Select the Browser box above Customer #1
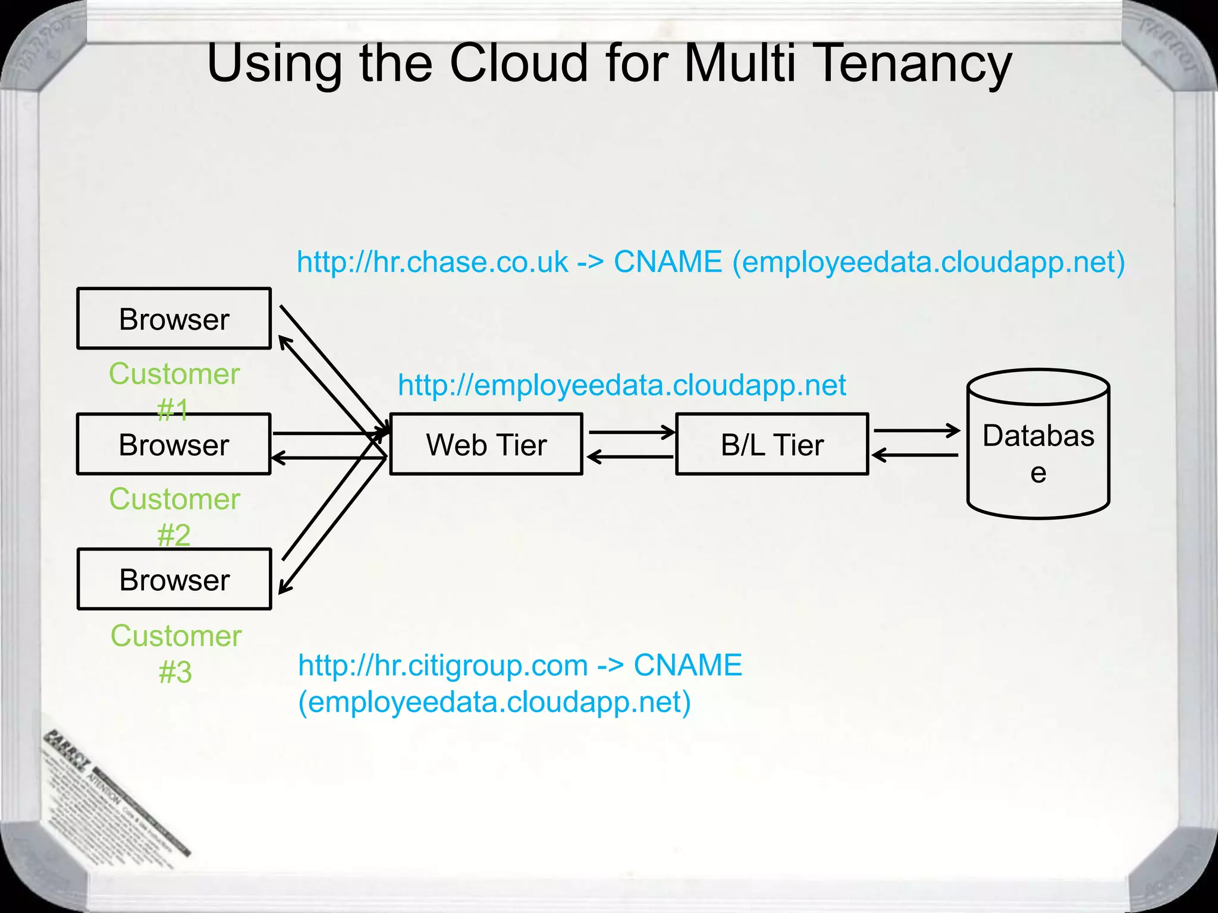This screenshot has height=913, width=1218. (174, 319)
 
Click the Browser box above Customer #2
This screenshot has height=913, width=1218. (174, 444)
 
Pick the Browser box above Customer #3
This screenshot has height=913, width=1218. (174, 579)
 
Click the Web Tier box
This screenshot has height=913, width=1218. (486, 444)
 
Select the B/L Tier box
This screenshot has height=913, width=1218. (772, 444)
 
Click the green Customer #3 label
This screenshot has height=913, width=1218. (176, 654)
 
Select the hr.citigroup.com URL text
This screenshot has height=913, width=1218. (443, 665)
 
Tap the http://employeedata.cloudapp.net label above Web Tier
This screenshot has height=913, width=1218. (621, 385)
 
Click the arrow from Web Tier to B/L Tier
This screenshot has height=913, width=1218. (632, 432)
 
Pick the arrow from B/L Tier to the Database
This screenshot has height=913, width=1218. (916, 430)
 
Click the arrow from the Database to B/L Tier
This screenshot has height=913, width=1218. (915, 455)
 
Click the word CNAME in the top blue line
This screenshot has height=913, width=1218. (667, 262)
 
